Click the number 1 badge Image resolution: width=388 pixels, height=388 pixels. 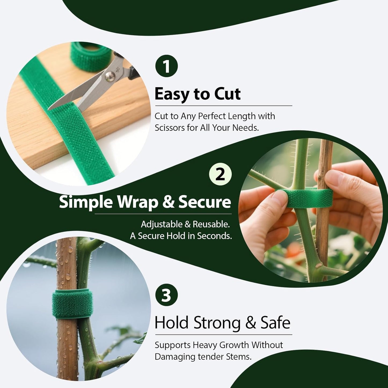tap(166, 66)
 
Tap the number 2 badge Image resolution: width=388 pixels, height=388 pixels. tap(220, 175)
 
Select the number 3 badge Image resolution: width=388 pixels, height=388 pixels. tap(166, 295)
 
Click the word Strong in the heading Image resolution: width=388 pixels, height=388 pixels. tap(217, 322)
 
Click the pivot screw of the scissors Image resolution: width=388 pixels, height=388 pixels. tap(109, 77)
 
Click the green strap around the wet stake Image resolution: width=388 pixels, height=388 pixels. tap(72, 304)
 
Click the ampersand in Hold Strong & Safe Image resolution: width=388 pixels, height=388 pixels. tap(251, 323)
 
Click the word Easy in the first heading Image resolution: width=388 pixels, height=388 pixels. tap(172, 95)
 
